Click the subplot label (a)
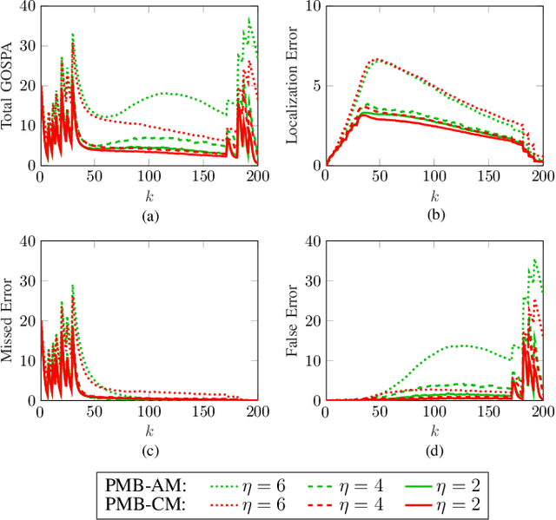tap(149, 216)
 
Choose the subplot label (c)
tap(149, 451)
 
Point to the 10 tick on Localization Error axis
tap(313, 7)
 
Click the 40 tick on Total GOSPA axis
tap(26, 7)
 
